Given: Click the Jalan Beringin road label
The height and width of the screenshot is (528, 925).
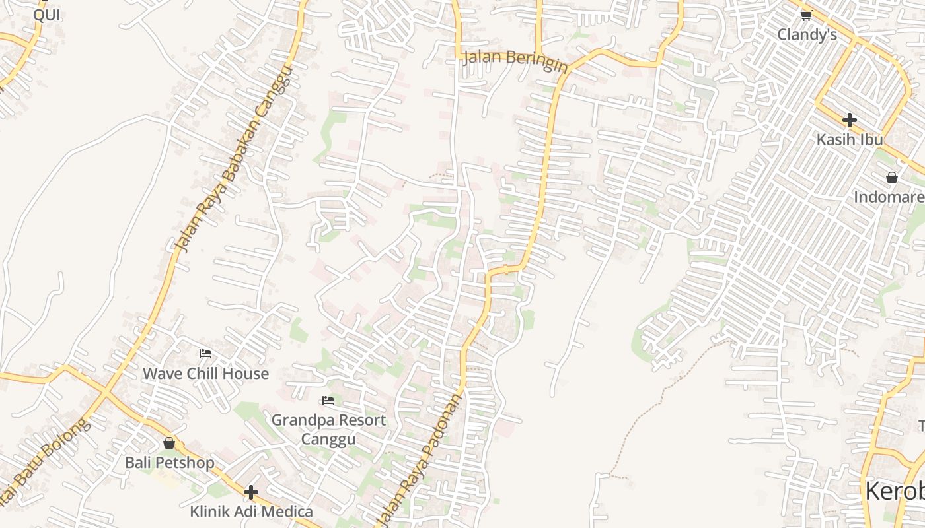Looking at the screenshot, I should pyautogui.click(x=515, y=60).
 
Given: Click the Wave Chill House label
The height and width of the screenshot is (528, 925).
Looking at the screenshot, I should pyautogui.click(x=205, y=374).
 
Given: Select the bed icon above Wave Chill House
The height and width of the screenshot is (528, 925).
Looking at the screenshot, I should pyautogui.click(x=205, y=354).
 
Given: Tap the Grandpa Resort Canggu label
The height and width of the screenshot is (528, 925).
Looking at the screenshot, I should pyautogui.click(x=328, y=430).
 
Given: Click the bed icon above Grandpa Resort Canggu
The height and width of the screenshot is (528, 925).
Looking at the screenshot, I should pyautogui.click(x=328, y=401).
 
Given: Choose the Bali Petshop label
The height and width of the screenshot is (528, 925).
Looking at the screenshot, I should pyautogui.click(x=170, y=463).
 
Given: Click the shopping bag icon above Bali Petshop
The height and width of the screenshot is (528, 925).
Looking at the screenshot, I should pyautogui.click(x=169, y=443).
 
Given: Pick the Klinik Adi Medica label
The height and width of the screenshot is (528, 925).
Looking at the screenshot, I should pyautogui.click(x=251, y=511).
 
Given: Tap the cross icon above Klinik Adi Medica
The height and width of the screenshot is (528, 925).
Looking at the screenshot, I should pyautogui.click(x=250, y=492).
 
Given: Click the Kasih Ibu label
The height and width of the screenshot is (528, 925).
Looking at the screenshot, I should pyautogui.click(x=850, y=140).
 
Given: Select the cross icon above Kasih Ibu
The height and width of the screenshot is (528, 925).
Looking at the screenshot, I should pyautogui.click(x=850, y=120).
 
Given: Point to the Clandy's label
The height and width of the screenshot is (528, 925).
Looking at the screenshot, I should pyautogui.click(x=807, y=35).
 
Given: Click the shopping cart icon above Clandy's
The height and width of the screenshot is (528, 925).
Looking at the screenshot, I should pyautogui.click(x=806, y=15).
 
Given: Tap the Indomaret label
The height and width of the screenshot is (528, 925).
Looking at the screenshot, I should pyautogui.click(x=889, y=197).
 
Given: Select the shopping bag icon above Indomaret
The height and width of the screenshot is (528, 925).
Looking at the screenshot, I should pyautogui.click(x=892, y=178).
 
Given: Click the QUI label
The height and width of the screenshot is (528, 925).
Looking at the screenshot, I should pyautogui.click(x=46, y=15).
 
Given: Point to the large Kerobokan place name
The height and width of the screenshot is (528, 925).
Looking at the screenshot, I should pyautogui.click(x=895, y=492).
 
